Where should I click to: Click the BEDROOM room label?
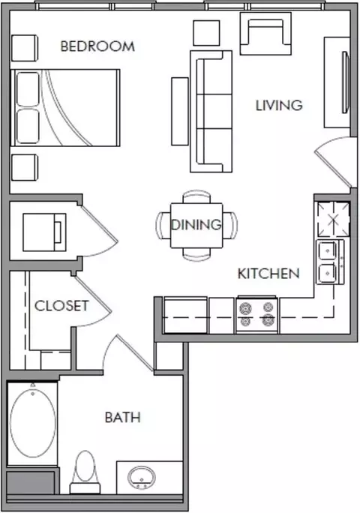(97, 46)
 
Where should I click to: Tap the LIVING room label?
(279, 105)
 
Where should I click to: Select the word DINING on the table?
(196, 225)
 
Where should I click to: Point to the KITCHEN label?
(268, 274)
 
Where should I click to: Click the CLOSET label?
(61, 306)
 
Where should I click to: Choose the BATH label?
(123, 418)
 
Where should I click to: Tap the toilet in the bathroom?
(85, 472)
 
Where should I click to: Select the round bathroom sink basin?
(142, 478)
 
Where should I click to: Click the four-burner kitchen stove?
(257, 315)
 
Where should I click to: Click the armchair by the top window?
(265, 33)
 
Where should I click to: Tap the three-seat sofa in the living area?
(211, 111)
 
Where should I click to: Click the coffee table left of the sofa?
(180, 111)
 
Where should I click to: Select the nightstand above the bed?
(25, 48)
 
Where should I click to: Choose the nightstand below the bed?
(25, 167)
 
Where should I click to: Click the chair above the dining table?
(196, 196)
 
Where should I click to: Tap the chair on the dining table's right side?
(230, 225)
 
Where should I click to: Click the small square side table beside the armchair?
(206, 33)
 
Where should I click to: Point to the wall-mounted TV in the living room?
(346, 82)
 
